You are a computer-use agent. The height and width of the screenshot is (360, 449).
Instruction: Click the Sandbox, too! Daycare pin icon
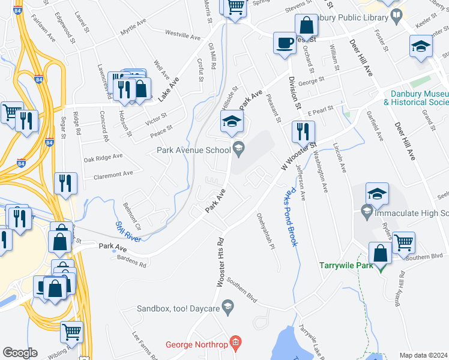[x=228, y=307]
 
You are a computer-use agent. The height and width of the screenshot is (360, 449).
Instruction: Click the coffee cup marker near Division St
[x=284, y=43]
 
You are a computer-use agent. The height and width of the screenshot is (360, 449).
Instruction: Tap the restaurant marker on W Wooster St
[x=303, y=131]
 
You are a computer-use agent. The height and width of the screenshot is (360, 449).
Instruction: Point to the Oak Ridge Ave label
[x=103, y=158]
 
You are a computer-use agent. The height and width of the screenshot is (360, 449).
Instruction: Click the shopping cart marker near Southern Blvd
[x=403, y=242]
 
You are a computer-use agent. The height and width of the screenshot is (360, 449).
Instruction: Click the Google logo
[x=20, y=353]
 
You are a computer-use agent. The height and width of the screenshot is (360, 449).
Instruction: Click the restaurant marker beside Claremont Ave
[x=65, y=183]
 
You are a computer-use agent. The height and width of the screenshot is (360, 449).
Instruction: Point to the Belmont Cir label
[x=131, y=215]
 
